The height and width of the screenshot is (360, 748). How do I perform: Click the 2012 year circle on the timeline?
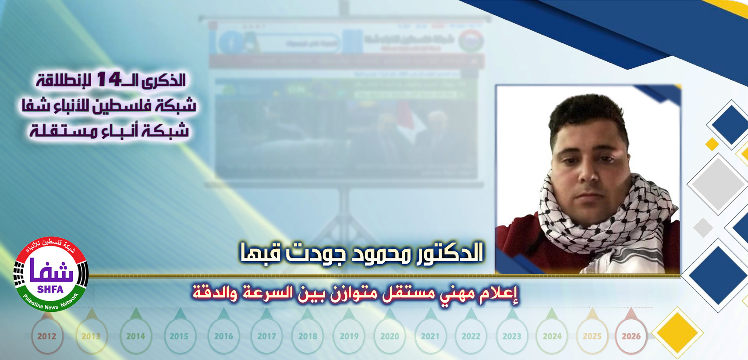coord(46,336)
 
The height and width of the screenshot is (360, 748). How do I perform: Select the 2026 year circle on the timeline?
coord(631,336)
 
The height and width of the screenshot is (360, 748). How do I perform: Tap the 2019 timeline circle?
coord(349,336)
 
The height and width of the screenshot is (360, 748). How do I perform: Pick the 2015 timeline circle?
coord(179,336)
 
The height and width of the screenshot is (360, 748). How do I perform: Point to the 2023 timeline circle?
coord(512,336)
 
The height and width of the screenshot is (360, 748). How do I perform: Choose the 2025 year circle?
coord(592,336)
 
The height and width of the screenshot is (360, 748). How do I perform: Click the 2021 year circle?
coord(430,336)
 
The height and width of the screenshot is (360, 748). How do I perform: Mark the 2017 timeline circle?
coord(266,336)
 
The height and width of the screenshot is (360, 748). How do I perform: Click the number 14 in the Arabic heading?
coord(109,79)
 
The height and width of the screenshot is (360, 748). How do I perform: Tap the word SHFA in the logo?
coord(50,289)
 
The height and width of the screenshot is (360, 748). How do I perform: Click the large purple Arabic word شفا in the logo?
coord(51,272)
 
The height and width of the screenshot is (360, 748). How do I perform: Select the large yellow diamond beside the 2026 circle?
coord(677,332)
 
